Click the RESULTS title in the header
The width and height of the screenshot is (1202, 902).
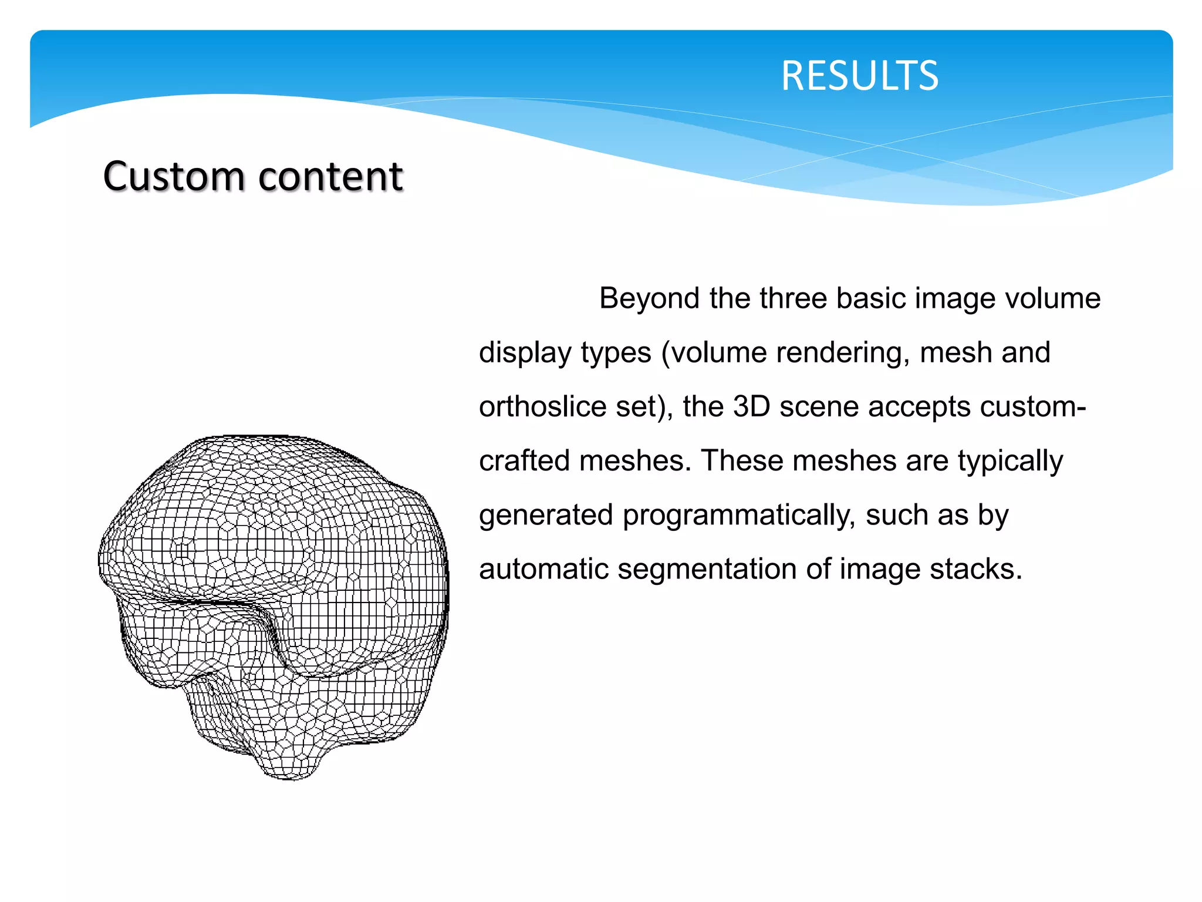coord(859,76)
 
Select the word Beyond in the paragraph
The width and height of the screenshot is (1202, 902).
coord(649,298)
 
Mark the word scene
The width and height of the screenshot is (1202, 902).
coord(819,407)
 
